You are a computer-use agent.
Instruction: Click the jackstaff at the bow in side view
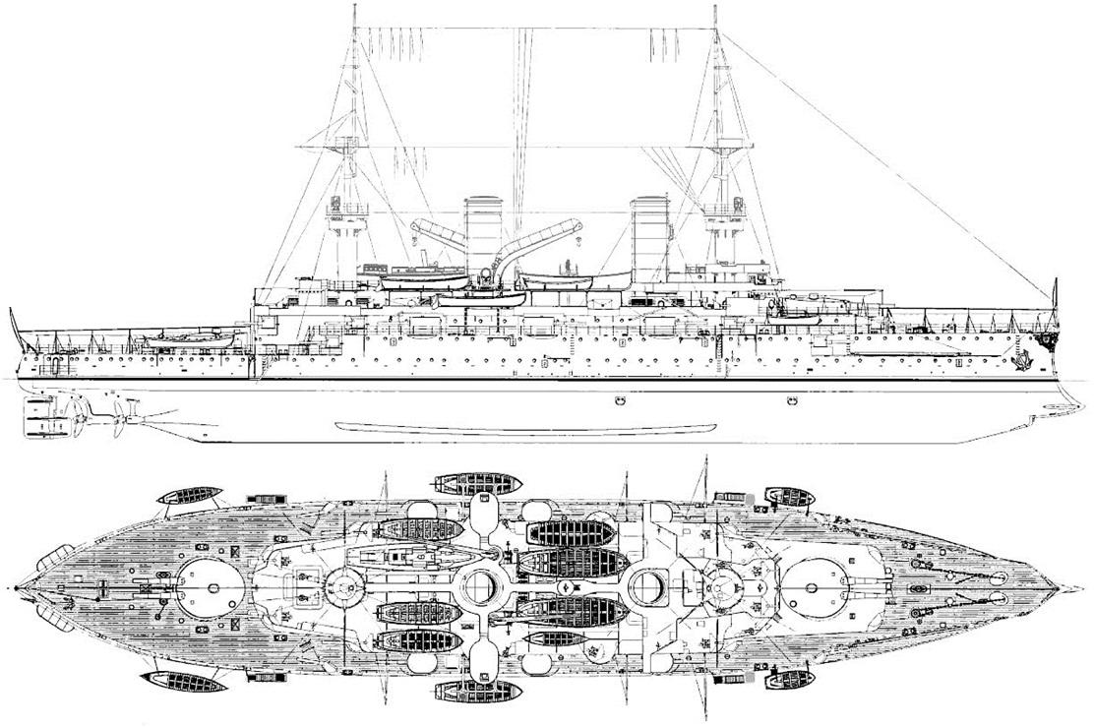tap(1055, 295)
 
